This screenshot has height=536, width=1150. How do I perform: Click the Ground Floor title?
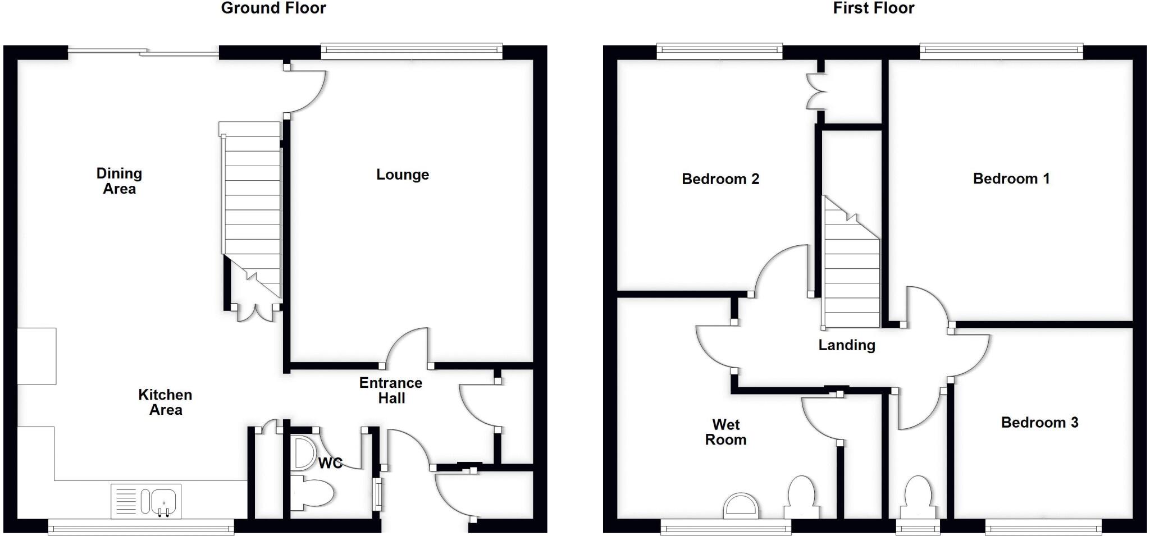click(273, 8)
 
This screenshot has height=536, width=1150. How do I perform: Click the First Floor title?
click(873, 8)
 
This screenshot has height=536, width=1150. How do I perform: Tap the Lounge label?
click(403, 175)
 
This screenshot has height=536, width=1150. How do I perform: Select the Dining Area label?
click(119, 181)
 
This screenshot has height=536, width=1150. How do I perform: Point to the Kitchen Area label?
click(165, 402)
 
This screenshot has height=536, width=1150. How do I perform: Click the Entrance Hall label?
click(391, 390)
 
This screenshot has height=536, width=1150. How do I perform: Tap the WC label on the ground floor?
click(330, 463)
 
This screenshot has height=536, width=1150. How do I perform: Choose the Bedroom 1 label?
click(1011, 178)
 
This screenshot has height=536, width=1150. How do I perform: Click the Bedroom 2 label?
click(720, 179)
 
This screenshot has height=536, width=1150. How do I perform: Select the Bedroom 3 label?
click(1039, 422)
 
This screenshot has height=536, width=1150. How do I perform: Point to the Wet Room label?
click(725, 432)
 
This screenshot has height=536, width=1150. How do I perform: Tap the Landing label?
click(846, 345)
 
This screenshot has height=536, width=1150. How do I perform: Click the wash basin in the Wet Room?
click(741, 506)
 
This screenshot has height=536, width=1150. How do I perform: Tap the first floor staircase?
click(851, 269)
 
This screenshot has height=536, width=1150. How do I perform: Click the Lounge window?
click(412, 52)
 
